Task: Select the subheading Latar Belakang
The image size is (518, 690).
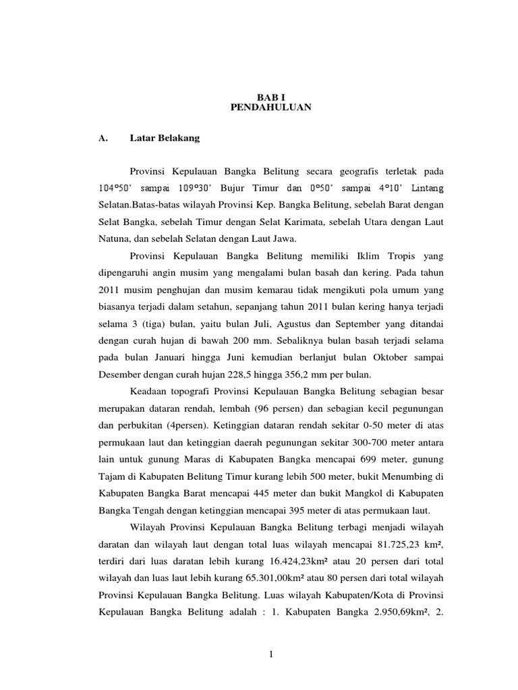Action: coord(165,139)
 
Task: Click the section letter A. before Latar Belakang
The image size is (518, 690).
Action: coord(103,139)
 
